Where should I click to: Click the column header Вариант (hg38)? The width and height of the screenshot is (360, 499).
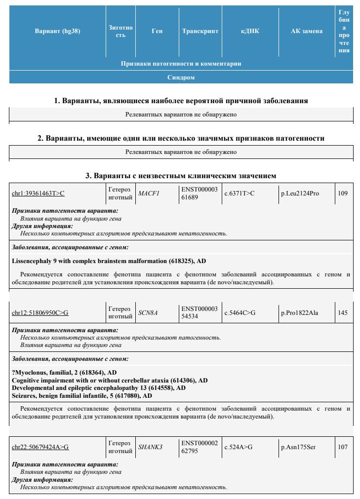(x=57, y=31)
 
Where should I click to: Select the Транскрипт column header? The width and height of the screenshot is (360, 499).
(x=200, y=31)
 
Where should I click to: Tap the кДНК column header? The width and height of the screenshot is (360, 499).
(x=250, y=31)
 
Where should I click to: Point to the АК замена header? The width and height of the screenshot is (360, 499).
(x=307, y=31)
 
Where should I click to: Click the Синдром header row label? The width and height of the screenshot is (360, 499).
(x=181, y=77)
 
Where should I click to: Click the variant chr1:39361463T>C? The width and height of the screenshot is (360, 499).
(x=38, y=193)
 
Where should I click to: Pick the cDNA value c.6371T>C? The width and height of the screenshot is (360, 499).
(x=240, y=193)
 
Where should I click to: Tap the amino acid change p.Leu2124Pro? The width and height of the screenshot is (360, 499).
(x=300, y=193)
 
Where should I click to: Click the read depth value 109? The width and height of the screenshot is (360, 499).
(x=343, y=193)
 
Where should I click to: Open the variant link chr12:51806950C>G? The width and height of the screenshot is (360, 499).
(x=40, y=313)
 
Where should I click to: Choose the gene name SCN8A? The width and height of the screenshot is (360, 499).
(x=148, y=313)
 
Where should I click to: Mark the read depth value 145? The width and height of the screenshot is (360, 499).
(x=343, y=313)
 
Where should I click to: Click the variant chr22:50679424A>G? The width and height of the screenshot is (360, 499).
(x=40, y=447)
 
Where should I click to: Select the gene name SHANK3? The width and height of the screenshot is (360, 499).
(x=150, y=447)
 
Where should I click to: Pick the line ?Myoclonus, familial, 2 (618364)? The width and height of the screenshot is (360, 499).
(x=64, y=372)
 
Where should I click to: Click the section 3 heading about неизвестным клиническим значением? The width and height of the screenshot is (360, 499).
(x=181, y=176)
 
